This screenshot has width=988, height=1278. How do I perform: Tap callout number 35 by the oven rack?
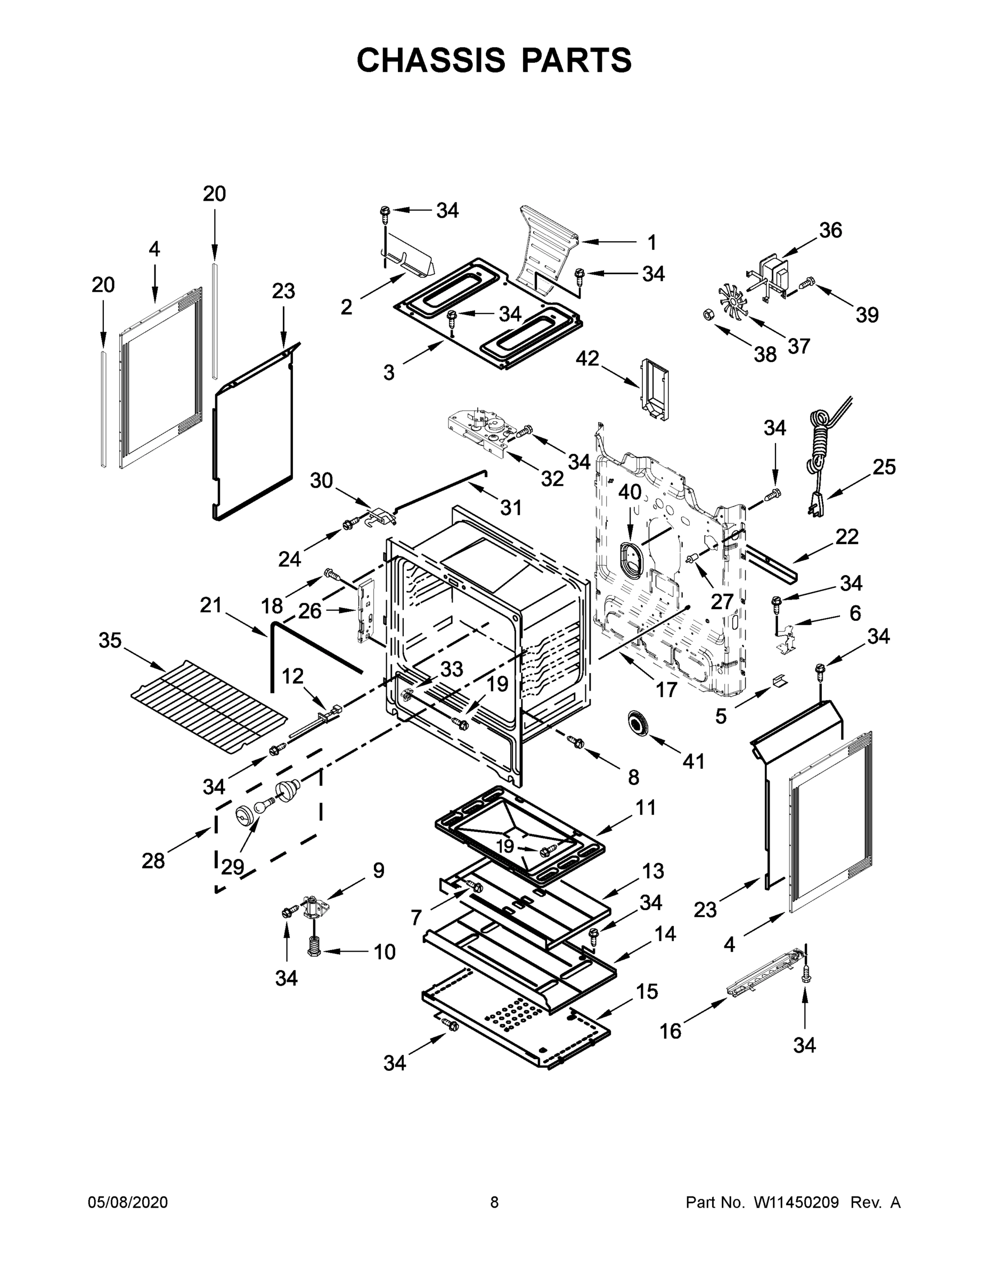click(110, 640)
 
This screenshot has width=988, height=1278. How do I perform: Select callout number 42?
click(587, 359)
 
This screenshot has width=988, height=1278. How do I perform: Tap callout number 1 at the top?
click(651, 242)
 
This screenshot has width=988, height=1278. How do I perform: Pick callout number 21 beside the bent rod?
click(211, 605)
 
